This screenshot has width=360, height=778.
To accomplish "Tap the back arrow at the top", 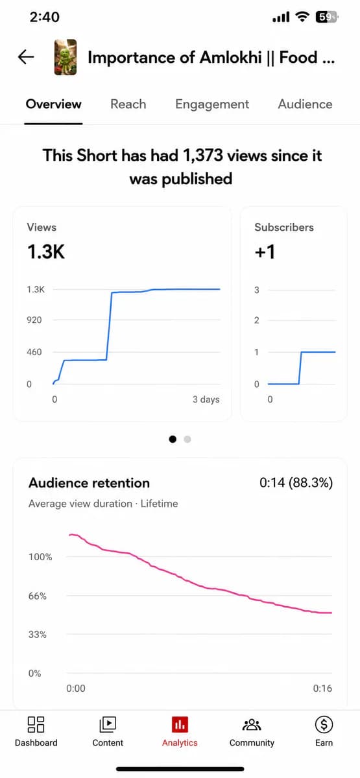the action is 26,57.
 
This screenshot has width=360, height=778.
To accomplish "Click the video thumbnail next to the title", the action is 66,57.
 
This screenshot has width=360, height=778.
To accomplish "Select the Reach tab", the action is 128,104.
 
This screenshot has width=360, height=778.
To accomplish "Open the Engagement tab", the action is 212,104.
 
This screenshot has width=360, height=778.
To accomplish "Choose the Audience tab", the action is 305,104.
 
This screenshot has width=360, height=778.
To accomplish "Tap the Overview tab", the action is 53,104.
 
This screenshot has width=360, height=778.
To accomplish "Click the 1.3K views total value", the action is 46,252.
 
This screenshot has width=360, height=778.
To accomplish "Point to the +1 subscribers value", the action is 265,252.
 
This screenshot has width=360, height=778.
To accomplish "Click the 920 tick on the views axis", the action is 34,320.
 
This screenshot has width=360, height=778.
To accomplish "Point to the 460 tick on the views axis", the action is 34,352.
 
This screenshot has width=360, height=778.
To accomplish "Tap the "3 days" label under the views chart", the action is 206,399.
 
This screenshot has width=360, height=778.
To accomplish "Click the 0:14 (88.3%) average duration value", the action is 296,482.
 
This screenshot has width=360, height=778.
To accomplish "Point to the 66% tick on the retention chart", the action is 38,596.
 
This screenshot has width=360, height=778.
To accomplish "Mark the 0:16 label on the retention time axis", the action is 322,688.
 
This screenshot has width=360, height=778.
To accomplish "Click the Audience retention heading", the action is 90,483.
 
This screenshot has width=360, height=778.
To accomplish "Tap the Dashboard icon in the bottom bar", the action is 36,725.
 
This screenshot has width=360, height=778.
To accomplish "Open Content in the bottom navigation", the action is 108,725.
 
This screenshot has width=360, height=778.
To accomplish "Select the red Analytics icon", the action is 180,725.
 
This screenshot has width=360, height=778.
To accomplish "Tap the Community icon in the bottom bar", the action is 252,725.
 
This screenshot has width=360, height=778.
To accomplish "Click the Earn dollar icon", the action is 324,725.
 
